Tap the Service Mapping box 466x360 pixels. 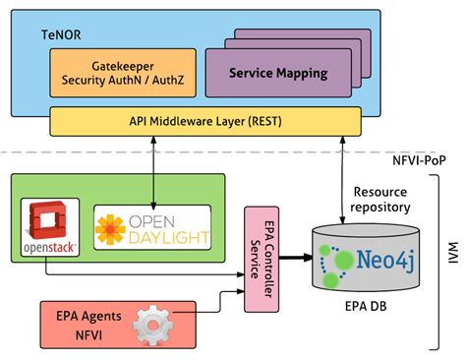click(x=278, y=74)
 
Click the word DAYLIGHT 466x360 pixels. click(x=172, y=236)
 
